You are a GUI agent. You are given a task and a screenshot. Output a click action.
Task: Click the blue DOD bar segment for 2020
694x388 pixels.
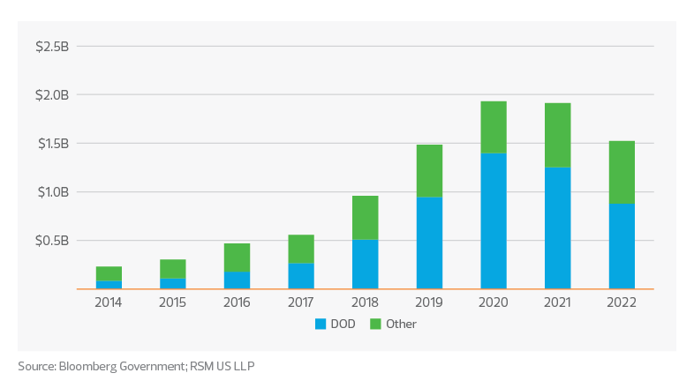click(x=494, y=220)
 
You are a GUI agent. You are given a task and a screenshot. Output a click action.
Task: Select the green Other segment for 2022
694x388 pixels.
click(x=622, y=172)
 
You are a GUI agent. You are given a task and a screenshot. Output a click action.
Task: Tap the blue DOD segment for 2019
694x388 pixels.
click(x=429, y=242)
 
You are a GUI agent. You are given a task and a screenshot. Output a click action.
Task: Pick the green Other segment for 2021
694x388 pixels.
click(x=558, y=134)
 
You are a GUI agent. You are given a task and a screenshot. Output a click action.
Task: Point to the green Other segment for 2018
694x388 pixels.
click(x=366, y=217)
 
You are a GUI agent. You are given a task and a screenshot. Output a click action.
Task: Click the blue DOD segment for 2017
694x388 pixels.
click(x=301, y=275)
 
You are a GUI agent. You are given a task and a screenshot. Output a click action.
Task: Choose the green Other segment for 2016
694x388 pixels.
click(x=237, y=257)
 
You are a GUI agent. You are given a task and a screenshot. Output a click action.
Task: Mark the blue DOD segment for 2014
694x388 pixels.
click(x=109, y=284)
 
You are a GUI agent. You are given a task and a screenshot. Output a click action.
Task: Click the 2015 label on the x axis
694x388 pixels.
click(x=173, y=302)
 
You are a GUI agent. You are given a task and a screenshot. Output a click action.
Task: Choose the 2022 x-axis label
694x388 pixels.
click(x=622, y=302)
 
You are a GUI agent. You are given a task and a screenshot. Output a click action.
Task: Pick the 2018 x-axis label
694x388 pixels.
click(x=366, y=302)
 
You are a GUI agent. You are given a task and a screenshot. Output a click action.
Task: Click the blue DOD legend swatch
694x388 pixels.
click(x=321, y=325)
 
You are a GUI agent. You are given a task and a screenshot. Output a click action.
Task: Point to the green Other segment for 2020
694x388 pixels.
click(x=494, y=126)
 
